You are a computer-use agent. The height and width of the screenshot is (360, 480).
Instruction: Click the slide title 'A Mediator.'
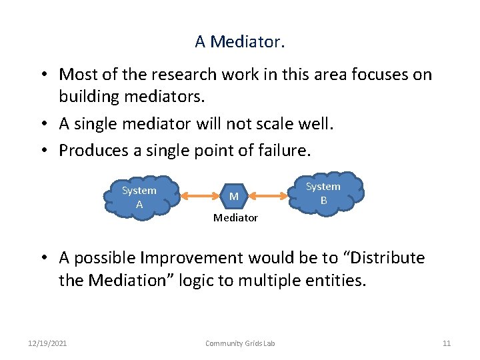pos(239,41)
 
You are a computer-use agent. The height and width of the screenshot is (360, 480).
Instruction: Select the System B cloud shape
pos(324,193)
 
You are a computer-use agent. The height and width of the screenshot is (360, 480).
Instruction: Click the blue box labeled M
pos(234,197)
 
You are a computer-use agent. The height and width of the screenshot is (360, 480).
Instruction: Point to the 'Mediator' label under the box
pos(235,218)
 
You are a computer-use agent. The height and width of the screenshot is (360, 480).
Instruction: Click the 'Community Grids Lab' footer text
pos(239,343)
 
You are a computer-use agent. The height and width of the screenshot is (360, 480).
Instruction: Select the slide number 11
pos(447,343)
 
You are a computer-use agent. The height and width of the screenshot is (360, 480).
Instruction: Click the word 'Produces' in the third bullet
pos(91,151)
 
